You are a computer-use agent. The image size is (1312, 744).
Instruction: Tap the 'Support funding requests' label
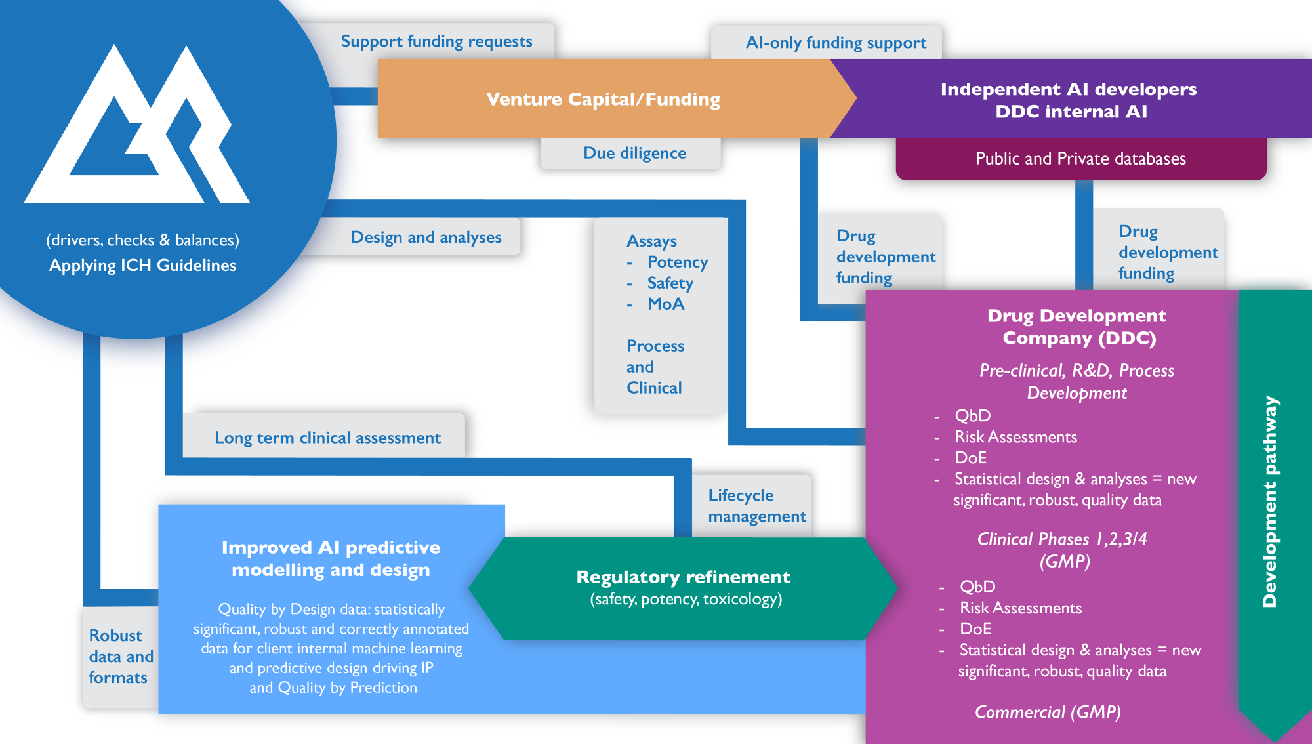(x=436, y=41)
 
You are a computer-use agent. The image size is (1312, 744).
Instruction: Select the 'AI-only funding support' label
(x=836, y=43)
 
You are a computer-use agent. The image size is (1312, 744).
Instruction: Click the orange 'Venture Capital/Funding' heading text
(x=603, y=99)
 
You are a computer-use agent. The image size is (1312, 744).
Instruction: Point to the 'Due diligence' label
(x=634, y=153)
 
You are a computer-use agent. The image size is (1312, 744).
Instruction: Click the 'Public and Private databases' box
(x=1080, y=159)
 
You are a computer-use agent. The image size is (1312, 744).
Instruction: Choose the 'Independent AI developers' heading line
(x=1068, y=89)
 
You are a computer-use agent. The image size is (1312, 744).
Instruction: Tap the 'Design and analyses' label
(x=426, y=237)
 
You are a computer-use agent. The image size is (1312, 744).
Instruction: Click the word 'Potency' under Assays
(x=677, y=262)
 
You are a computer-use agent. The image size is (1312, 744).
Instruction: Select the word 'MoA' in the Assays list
(x=665, y=304)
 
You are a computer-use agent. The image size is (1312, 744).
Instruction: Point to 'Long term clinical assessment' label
(x=327, y=438)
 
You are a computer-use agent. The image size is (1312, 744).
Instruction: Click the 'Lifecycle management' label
(x=756, y=506)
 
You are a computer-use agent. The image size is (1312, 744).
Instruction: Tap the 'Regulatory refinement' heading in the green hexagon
(x=683, y=577)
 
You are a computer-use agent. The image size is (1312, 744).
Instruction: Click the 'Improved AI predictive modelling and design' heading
(x=331, y=558)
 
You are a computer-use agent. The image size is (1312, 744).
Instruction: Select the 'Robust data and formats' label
(x=121, y=656)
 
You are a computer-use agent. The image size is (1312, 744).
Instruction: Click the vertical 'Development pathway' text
(x=1270, y=501)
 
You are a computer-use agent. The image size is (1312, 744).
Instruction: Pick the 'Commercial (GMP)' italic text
(x=1048, y=712)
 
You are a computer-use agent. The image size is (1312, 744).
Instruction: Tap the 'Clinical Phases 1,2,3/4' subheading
(x=1062, y=539)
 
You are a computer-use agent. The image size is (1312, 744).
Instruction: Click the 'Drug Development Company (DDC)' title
(x=1076, y=327)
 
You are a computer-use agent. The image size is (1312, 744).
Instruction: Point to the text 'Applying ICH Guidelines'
(x=142, y=266)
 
